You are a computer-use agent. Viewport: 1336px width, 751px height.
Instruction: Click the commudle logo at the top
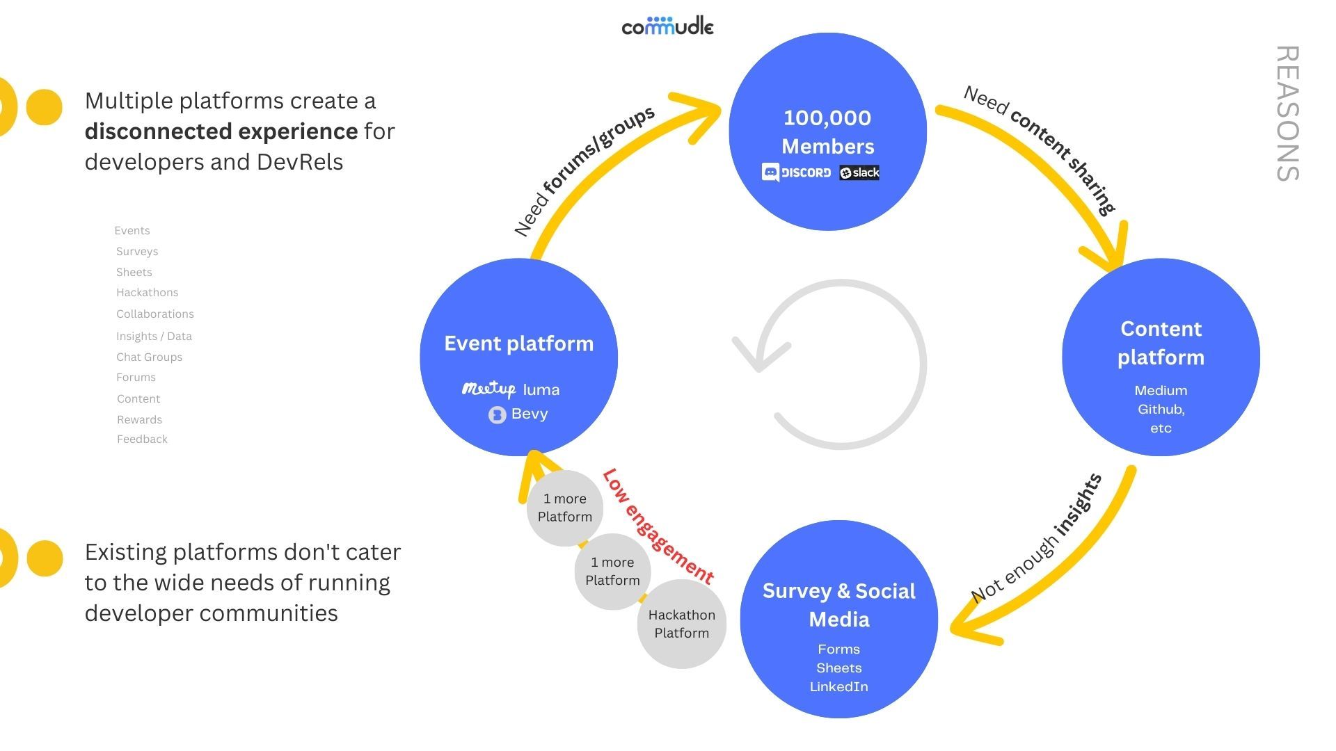click(x=667, y=26)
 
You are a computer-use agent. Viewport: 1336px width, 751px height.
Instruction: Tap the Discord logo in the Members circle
click(x=797, y=172)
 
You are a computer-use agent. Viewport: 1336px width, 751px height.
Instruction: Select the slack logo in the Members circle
click(x=859, y=172)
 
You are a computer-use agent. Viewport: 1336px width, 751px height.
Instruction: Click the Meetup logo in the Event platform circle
click(x=488, y=389)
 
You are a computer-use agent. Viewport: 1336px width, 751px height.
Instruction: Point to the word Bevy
click(x=530, y=414)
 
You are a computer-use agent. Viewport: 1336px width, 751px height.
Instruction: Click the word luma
click(x=541, y=389)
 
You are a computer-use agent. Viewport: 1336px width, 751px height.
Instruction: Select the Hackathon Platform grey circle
click(x=681, y=624)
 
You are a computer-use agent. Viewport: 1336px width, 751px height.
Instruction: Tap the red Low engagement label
click(x=658, y=526)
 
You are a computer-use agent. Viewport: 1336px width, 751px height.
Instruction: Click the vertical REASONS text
click(x=1287, y=113)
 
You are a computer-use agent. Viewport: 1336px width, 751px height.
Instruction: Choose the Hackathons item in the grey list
click(x=147, y=293)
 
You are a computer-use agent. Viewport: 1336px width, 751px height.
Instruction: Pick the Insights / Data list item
click(x=154, y=336)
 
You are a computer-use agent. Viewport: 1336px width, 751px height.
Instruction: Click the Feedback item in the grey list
click(x=142, y=439)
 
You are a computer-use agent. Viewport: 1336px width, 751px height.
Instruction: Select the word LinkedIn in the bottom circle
click(x=838, y=686)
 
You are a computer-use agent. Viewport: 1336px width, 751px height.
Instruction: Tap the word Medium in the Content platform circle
click(x=1160, y=390)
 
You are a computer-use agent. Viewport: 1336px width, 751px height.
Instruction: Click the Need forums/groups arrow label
click(x=584, y=170)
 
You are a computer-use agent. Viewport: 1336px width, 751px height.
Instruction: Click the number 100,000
click(x=827, y=118)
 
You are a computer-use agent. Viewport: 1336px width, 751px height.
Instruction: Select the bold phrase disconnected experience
click(x=221, y=131)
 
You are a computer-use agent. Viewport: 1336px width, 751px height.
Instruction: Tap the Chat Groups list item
click(x=149, y=357)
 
